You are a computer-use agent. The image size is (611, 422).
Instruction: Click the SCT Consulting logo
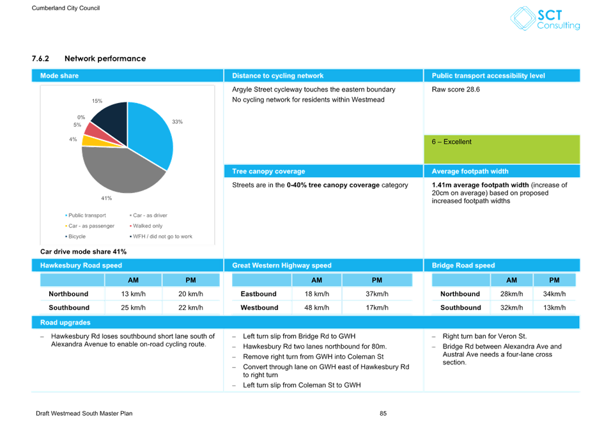(x=545, y=19)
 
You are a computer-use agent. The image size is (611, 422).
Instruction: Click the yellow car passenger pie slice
(x=91, y=141)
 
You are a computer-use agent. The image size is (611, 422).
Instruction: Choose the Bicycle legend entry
(x=75, y=237)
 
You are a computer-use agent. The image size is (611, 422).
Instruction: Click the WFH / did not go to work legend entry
(x=161, y=237)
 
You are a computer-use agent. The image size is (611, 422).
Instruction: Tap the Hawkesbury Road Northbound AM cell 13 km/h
(x=134, y=294)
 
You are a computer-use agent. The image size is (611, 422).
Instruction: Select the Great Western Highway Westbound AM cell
(x=316, y=308)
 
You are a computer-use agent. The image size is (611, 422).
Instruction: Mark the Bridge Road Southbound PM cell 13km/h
(x=554, y=308)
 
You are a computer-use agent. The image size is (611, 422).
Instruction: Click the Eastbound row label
(x=258, y=294)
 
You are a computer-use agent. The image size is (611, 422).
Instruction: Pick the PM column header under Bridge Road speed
(x=554, y=280)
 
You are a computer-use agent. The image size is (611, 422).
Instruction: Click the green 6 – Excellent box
(x=502, y=149)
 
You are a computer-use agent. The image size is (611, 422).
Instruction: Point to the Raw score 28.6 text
(x=456, y=90)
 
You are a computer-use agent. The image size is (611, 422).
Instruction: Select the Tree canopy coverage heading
(x=268, y=171)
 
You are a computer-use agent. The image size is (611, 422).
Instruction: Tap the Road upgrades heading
(x=65, y=323)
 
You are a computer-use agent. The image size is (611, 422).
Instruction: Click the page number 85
(x=383, y=414)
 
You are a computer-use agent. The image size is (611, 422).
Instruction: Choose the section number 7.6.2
(x=40, y=59)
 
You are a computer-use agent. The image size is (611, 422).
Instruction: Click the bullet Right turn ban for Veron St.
(x=484, y=336)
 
